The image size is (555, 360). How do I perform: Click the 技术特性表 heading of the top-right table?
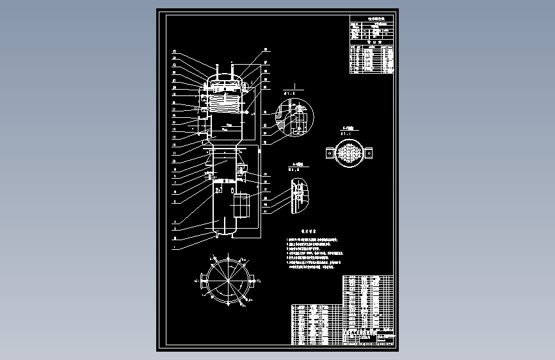click(371, 20)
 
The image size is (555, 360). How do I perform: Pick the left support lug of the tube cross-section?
click(329, 153)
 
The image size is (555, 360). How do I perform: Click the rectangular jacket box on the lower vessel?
click(241, 206)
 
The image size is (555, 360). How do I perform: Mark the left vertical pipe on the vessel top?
click(217, 70)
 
